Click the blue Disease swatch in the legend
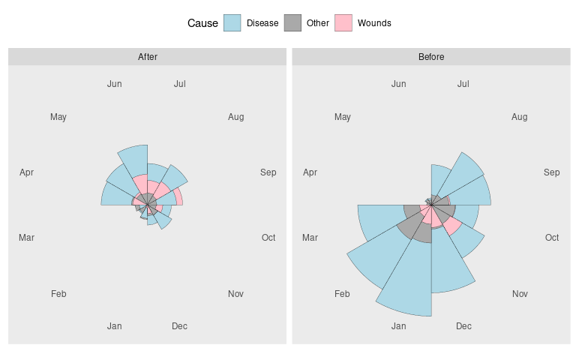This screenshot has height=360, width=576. (232, 23)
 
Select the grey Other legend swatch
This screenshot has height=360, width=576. (292, 23)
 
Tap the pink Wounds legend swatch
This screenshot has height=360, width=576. (343, 23)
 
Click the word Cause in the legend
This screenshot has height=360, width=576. (202, 23)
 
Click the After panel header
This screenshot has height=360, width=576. (148, 57)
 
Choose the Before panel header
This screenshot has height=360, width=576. (431, 57)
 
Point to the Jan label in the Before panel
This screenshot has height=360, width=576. (398, 326)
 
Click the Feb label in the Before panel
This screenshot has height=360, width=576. (342, 294)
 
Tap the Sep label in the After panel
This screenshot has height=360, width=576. (268, 172)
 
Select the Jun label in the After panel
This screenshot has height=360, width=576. (115, 84)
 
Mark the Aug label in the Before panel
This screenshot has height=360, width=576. (519, 117)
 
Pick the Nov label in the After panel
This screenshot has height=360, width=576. (235, 294)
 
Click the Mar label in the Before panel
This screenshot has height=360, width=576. (310, 238)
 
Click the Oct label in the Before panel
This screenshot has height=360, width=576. (552, 238)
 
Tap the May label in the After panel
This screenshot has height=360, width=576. (58, 117)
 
